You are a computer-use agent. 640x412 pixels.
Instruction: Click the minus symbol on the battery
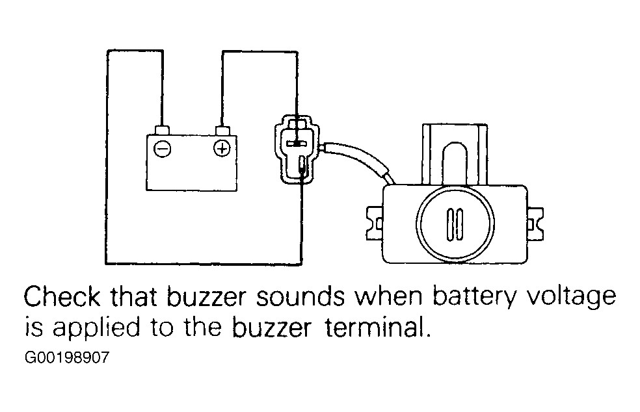162,148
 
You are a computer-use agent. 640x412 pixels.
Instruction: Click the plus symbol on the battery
222,148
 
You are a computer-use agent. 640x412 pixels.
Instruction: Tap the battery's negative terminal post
163,130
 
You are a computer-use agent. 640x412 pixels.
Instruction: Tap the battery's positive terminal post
222,131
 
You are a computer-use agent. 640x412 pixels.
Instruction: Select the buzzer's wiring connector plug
297,149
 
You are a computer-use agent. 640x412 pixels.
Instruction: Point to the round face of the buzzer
455,224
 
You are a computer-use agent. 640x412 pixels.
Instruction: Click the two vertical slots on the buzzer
455,224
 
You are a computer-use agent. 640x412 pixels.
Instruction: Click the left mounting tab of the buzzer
375,224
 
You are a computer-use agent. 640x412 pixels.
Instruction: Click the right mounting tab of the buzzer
535,224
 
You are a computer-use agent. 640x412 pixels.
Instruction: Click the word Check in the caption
62,296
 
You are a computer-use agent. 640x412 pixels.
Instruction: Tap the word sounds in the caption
300,296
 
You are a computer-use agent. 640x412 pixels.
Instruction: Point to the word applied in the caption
96,329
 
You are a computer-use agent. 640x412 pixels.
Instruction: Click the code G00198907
67,358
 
